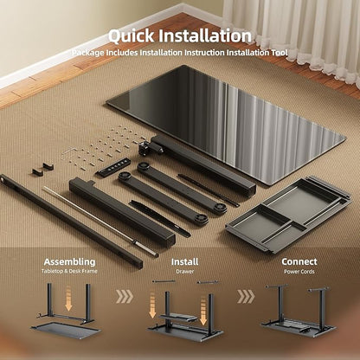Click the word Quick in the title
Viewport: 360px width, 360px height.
pyautogui.click(x=132, y=36)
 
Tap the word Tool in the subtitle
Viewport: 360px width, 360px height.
pyautogui.click(x=280, y=53)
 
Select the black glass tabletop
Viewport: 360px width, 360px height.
pyautogui.click(x=227, y=124)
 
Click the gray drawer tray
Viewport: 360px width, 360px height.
pyautogui.click(x=288, y=215)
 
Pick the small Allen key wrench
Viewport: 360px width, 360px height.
pyautogui.click(x=68, y=151)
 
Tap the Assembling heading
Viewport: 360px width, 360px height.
pyautogui.click(x=69, y=262)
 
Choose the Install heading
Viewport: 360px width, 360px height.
pyautogui.click(x=184, y=262)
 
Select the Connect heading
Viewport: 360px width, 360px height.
pyautogui.click(x=299, y=261)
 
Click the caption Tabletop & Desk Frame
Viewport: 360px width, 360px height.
pyautogui.click(x=69, y=271)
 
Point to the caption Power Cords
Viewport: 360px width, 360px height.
pyautogui.click(x=299, y=272)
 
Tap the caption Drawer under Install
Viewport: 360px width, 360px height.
pyautogui.click(x=185, y=272)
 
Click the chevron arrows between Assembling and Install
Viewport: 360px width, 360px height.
pyautogui.click(x=125, y=297)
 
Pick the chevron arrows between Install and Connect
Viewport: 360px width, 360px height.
pyautogui.click(x=246, y=297)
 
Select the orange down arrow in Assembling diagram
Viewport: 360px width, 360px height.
pyautogui.click(x=68, y=298)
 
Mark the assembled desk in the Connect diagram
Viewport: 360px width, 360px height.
pyautogui.click(x=298, y=311)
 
